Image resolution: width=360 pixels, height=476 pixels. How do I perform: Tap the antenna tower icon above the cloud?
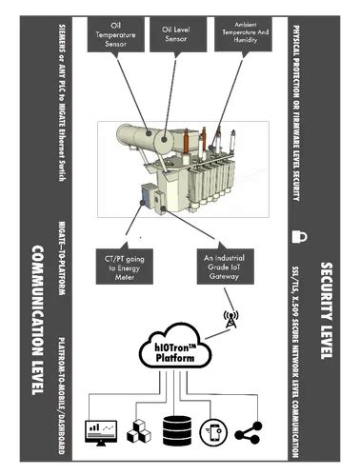(230, 320)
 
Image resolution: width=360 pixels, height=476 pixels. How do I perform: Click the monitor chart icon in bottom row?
(101, 431)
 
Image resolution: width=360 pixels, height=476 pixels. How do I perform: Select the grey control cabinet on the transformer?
(150, 196)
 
